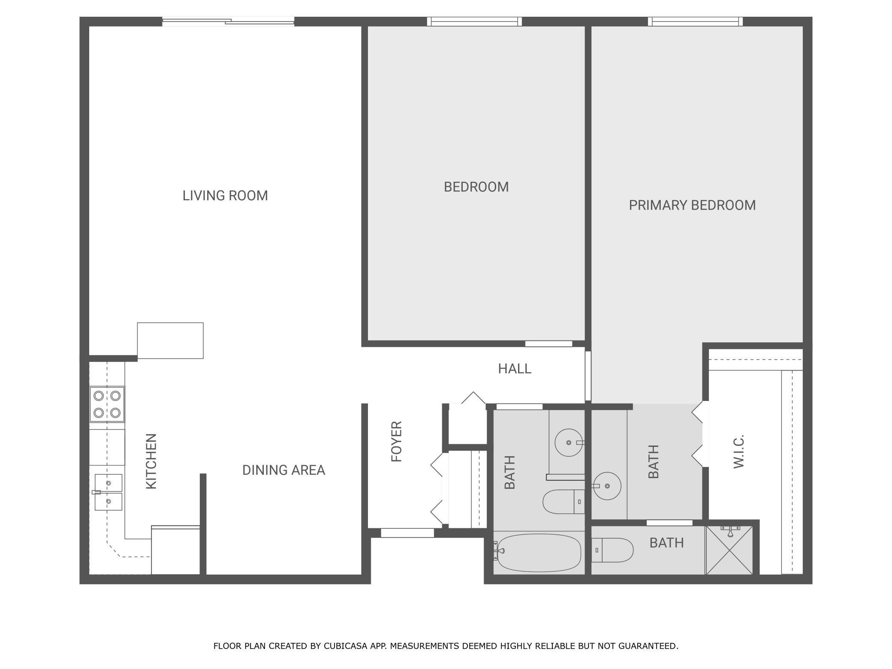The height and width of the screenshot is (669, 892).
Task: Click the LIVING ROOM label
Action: (225, 196)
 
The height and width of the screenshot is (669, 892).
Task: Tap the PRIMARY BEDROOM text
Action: (692, 205)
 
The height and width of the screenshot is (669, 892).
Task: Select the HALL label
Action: (515, 368)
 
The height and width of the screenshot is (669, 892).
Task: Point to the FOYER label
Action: (397, 441)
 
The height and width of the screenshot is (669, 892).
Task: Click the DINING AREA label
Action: (283, 470)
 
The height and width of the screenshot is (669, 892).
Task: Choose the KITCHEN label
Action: (151, 461)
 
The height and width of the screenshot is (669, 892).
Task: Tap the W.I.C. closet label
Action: (738, 452)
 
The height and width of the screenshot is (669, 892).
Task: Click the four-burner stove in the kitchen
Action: (107, 404)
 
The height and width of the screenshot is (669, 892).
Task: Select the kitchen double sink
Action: (108, 492)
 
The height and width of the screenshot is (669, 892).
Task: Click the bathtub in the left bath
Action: (539, 553)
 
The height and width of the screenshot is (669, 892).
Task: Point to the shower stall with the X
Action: (729, 550)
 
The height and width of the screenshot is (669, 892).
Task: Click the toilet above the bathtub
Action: (563, 502)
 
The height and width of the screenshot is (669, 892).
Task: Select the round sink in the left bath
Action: (569, 442)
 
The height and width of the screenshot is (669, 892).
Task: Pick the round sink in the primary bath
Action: (607, 486)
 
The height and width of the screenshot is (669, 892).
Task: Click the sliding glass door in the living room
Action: (228, 21)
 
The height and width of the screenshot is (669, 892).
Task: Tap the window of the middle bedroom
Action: (474, 21)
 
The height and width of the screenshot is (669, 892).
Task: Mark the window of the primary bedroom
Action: (695, 21)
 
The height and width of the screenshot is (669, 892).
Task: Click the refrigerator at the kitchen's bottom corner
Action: (175, 550)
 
